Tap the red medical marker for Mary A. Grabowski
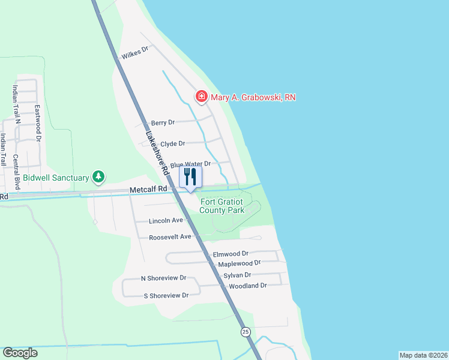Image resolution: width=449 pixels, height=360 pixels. (x=201, y=97)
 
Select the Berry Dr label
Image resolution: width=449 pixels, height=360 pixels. (x=163, y=122)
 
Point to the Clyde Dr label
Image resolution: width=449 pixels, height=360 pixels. (x=173, y=144)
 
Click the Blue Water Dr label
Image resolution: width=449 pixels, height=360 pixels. (x=190, y=164)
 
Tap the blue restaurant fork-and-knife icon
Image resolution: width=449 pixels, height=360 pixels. (x=190, y=177)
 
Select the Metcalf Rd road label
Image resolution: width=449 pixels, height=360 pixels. (x=148, y=190)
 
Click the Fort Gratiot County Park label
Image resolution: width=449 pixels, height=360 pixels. (x=222, y=206)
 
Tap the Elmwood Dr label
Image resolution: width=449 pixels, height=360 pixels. (x=231, y=254)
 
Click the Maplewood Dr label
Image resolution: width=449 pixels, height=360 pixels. (x=239, y=263)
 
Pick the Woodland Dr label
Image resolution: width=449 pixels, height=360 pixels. (x=247, y=286)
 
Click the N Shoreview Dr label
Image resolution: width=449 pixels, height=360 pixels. (x=163, y=278)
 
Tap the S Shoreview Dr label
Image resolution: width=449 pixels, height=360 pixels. (x=166, y=295)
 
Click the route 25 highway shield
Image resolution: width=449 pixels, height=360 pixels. (x=245, y=332)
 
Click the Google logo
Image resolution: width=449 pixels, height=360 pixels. (x=20, y=353)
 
